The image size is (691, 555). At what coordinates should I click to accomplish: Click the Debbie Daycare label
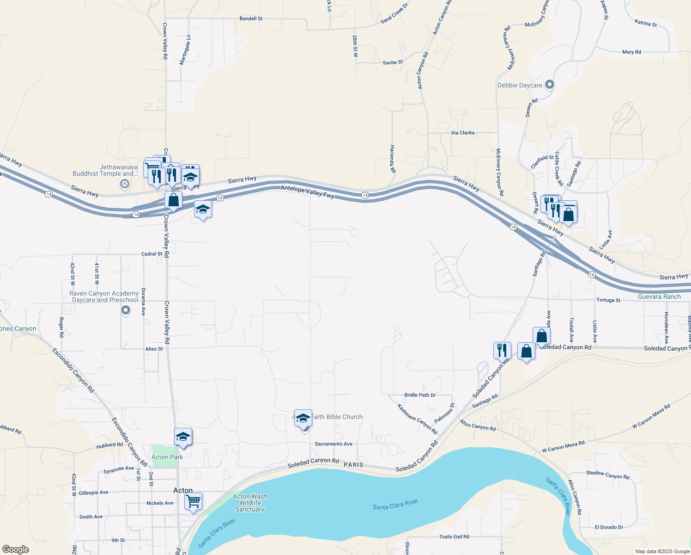pyautogui.click(x=520, y=86)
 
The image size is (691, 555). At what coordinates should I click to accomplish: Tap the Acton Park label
pyautogui.click(x=167, y=457)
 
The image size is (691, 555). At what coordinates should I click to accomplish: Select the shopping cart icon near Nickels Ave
pyautogui.click(x=193, y=501)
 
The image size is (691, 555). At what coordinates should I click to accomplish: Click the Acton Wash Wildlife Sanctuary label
pyautogui.click(x=249, y=503)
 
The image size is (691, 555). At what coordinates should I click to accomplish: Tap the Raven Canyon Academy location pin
pyautogui.click(x=126, y=310)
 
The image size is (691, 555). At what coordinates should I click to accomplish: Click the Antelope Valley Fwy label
pyautogui.click(x=307, y=191)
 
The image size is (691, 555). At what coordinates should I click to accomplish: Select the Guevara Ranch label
pyautogui.click(x=659, y=296)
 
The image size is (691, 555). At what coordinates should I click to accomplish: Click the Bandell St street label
pyautogui.click(x=251, y=18)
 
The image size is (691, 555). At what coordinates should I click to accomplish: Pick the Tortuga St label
pyautogui.click(x=608, y=300)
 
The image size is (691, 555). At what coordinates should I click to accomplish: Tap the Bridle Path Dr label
pyautogui.click(x=420, y=395)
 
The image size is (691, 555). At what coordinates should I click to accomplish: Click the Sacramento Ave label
pyautogui.click(x=333, y=444)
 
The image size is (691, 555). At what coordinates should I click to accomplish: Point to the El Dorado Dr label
pyautogui.click(x=609, y=527)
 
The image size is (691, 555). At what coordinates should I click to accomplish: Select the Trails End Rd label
pyautogui.click(x=454, y=537)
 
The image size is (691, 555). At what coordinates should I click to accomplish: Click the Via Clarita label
pyautogui.click(x=462, y=133)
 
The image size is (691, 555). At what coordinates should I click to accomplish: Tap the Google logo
pyautogui.click(x=16, y=549)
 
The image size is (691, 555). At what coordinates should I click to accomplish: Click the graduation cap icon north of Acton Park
pyautogui.click(x=183, y=437)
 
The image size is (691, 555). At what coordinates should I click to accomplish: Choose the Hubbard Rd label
pyautogui.click(x=109, y=445)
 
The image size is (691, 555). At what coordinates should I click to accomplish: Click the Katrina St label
pyautogui.click(x=645, y=23)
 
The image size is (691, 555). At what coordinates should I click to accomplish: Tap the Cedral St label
pyautogui.click(x=152, y=254)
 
